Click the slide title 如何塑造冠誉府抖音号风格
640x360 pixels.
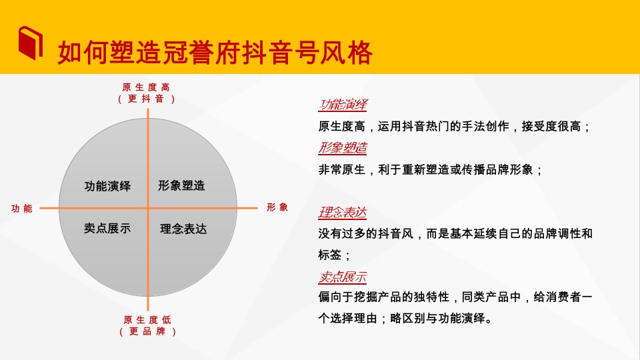214,53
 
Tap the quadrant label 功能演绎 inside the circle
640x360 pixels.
107,186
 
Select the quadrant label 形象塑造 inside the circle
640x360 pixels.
181,185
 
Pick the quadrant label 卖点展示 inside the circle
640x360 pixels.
107,228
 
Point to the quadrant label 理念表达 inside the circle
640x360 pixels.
183,229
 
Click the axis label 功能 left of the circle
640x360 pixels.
21,209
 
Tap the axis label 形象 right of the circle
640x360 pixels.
277,207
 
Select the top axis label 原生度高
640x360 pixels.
147,87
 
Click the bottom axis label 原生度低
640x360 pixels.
147,319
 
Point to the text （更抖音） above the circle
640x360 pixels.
147,99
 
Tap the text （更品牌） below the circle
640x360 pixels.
147,331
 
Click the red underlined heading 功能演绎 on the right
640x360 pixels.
343,105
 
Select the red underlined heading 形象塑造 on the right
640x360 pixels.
343,148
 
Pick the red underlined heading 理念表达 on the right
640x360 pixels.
343,213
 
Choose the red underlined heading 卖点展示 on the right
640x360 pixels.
343,277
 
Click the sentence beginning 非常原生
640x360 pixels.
431,169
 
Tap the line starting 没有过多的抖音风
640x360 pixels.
455,234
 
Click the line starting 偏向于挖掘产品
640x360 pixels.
455,297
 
